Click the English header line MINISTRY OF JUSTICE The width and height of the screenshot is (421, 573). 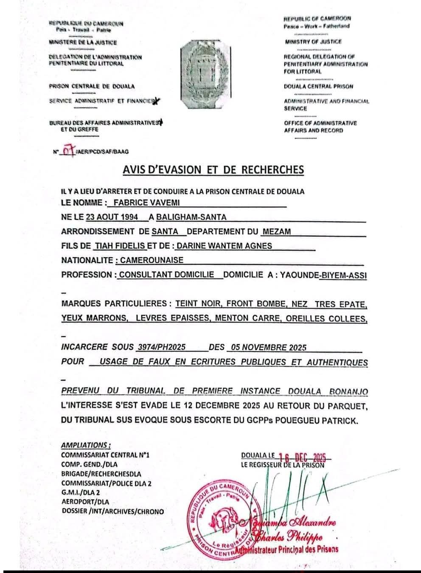tap(313, 42)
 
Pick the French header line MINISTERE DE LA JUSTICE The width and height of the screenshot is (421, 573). tap(83, 42)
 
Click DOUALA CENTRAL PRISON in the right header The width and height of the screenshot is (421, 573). tap(318, 87)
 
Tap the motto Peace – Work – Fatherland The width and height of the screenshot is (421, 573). tap(317, 26)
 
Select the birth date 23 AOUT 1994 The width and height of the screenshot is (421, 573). tap(112, 217)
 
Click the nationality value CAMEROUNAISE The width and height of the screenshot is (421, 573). tap(152, 260)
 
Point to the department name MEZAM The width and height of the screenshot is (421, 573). tap(276, 232)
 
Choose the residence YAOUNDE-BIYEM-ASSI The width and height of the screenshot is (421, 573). tap(323, 275)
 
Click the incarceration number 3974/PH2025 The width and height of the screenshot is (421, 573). tap(161, 347)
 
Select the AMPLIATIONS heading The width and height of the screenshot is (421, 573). tap(86, 445)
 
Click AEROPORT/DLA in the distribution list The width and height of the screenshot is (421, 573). tap(85, 502)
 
